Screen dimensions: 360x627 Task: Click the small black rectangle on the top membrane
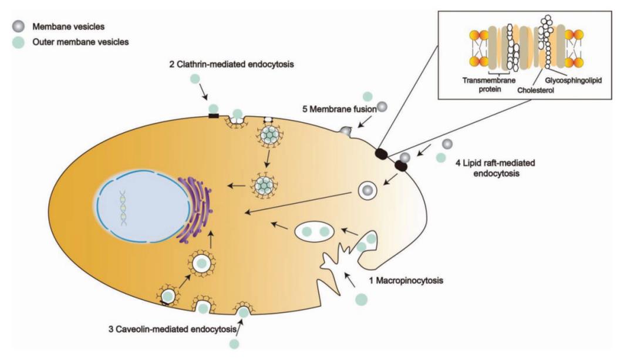tap(214, 116)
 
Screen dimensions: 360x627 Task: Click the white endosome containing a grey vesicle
tap(367, 191)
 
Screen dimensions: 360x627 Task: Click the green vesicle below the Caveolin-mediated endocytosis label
tap(235, 343)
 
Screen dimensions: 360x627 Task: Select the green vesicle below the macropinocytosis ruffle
tap(361, 299)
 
